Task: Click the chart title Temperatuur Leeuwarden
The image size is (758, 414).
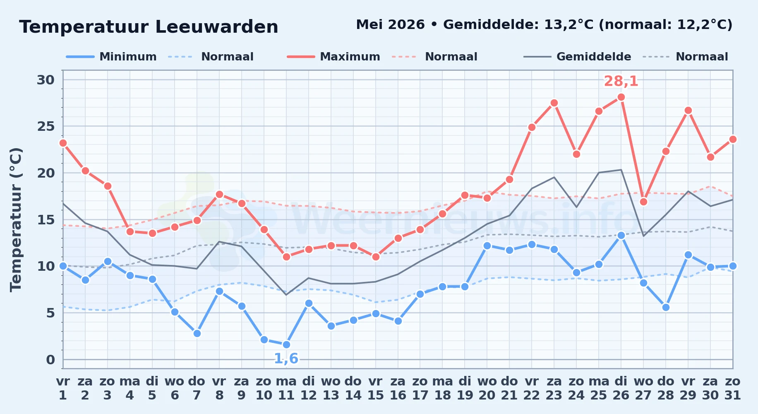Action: (149, 27)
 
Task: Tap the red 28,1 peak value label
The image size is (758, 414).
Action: (621, 81)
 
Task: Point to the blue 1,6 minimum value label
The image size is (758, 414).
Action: (286, 359)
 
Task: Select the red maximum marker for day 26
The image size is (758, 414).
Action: (621, 97)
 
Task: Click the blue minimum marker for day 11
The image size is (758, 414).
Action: (286, 344)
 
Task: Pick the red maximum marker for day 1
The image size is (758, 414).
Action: (63, 143)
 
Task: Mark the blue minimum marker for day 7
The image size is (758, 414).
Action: (197, 333)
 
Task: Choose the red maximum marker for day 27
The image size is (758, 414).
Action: (643, 202)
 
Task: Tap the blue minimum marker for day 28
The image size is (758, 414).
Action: (666, 307)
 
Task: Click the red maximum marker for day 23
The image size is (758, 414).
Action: (554, 103)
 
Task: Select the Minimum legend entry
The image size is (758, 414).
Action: (111, 57)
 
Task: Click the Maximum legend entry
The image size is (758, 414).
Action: (333, 57)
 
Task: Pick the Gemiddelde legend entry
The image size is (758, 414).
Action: (577, 57)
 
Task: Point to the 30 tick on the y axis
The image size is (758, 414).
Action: (46, 80)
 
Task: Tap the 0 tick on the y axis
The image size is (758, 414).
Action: (50, 360)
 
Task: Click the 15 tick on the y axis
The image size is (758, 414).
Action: (46, 220)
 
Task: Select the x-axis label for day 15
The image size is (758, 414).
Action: (376, 388)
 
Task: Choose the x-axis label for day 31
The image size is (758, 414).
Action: (733, 388)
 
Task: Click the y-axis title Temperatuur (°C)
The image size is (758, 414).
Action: (16, 220)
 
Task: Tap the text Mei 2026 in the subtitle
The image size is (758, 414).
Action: (390, 25)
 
